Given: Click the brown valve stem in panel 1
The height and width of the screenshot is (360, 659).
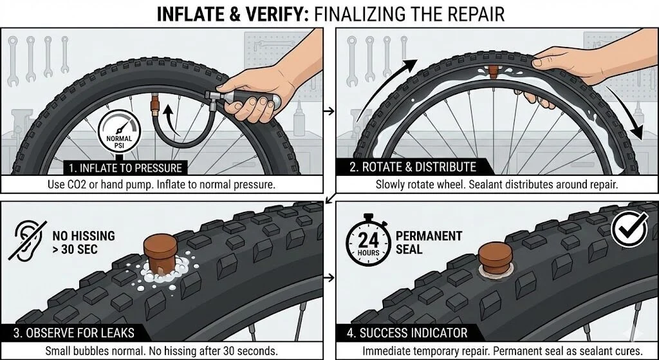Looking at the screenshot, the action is pyautogui.click(x=155, y=105).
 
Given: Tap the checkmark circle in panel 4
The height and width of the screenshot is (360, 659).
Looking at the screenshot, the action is pyautogui.click(x=629, y=229).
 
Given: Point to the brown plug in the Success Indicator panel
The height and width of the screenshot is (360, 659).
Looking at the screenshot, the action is pyautogui.click(x=496, y=256).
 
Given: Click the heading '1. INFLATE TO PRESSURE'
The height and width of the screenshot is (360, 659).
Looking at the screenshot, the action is pyautogui.click(x=125, y=168).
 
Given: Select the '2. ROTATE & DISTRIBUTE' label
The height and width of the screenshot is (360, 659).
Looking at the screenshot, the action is pyautogui.click(x=413, y=167).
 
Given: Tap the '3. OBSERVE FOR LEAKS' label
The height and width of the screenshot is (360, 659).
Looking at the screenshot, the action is pyautogui.click(x=73, y=333).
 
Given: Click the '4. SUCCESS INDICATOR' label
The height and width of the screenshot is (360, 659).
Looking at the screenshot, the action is pyautogui.click(x=407, y=333).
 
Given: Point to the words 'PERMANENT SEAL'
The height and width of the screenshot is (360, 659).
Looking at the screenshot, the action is pyautogui.click(x=429, y=242).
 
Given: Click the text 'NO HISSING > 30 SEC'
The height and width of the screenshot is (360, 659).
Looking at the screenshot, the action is pyautogui.click(x=84, y=242).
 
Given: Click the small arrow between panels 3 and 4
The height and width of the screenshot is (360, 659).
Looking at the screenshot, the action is pyautogui.click(x=330, y=277).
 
